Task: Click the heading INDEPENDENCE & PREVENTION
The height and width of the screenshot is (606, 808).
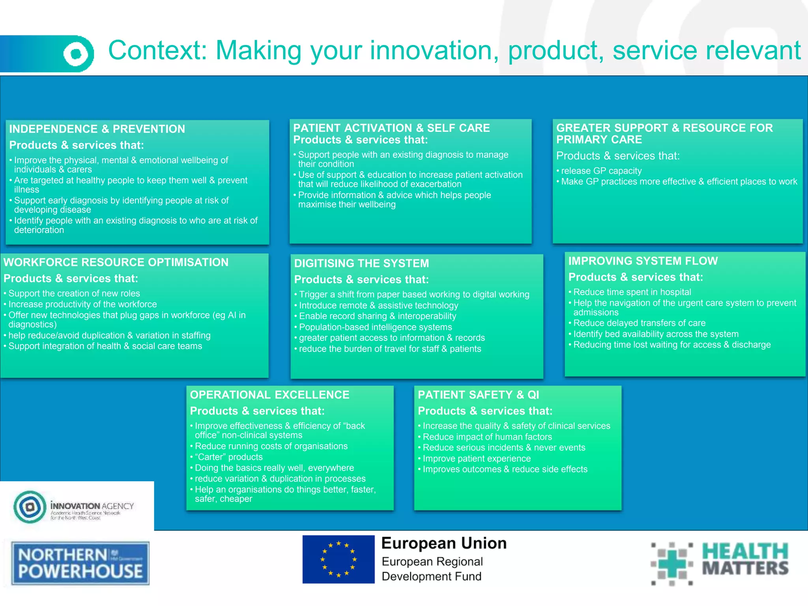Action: [97, 129]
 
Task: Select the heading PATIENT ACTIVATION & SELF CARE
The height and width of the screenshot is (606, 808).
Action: [391, 128]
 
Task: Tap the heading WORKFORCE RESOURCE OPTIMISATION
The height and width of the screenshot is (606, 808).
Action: [116, 262]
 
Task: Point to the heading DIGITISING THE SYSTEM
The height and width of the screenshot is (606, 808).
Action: [361, 263]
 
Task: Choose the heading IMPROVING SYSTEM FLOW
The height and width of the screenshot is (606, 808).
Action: [643, 261]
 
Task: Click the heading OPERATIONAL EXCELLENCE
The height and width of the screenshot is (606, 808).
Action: [269, 395]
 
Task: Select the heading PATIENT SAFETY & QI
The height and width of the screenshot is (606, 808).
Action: [478, 395]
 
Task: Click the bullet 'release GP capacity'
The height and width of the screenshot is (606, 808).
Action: [601, 171]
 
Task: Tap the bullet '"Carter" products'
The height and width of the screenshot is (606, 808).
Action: [228, 457]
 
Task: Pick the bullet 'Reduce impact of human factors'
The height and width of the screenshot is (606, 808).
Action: [487, 437]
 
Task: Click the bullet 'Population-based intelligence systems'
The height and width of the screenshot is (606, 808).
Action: [375, 327]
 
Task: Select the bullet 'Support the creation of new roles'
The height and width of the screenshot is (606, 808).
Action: [74, 294]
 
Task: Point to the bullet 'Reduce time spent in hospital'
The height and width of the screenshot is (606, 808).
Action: [632, 292]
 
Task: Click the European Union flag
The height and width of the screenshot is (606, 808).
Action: [338, 559]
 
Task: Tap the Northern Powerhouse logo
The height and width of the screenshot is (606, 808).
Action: [80, 563]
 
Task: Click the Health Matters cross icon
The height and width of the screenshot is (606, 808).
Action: [671, 563]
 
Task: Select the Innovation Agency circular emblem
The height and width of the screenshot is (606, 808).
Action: [30, 507]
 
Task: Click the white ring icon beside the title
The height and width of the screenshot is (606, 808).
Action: [77, 54]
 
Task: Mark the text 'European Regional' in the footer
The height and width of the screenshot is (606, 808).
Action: [432, 561]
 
